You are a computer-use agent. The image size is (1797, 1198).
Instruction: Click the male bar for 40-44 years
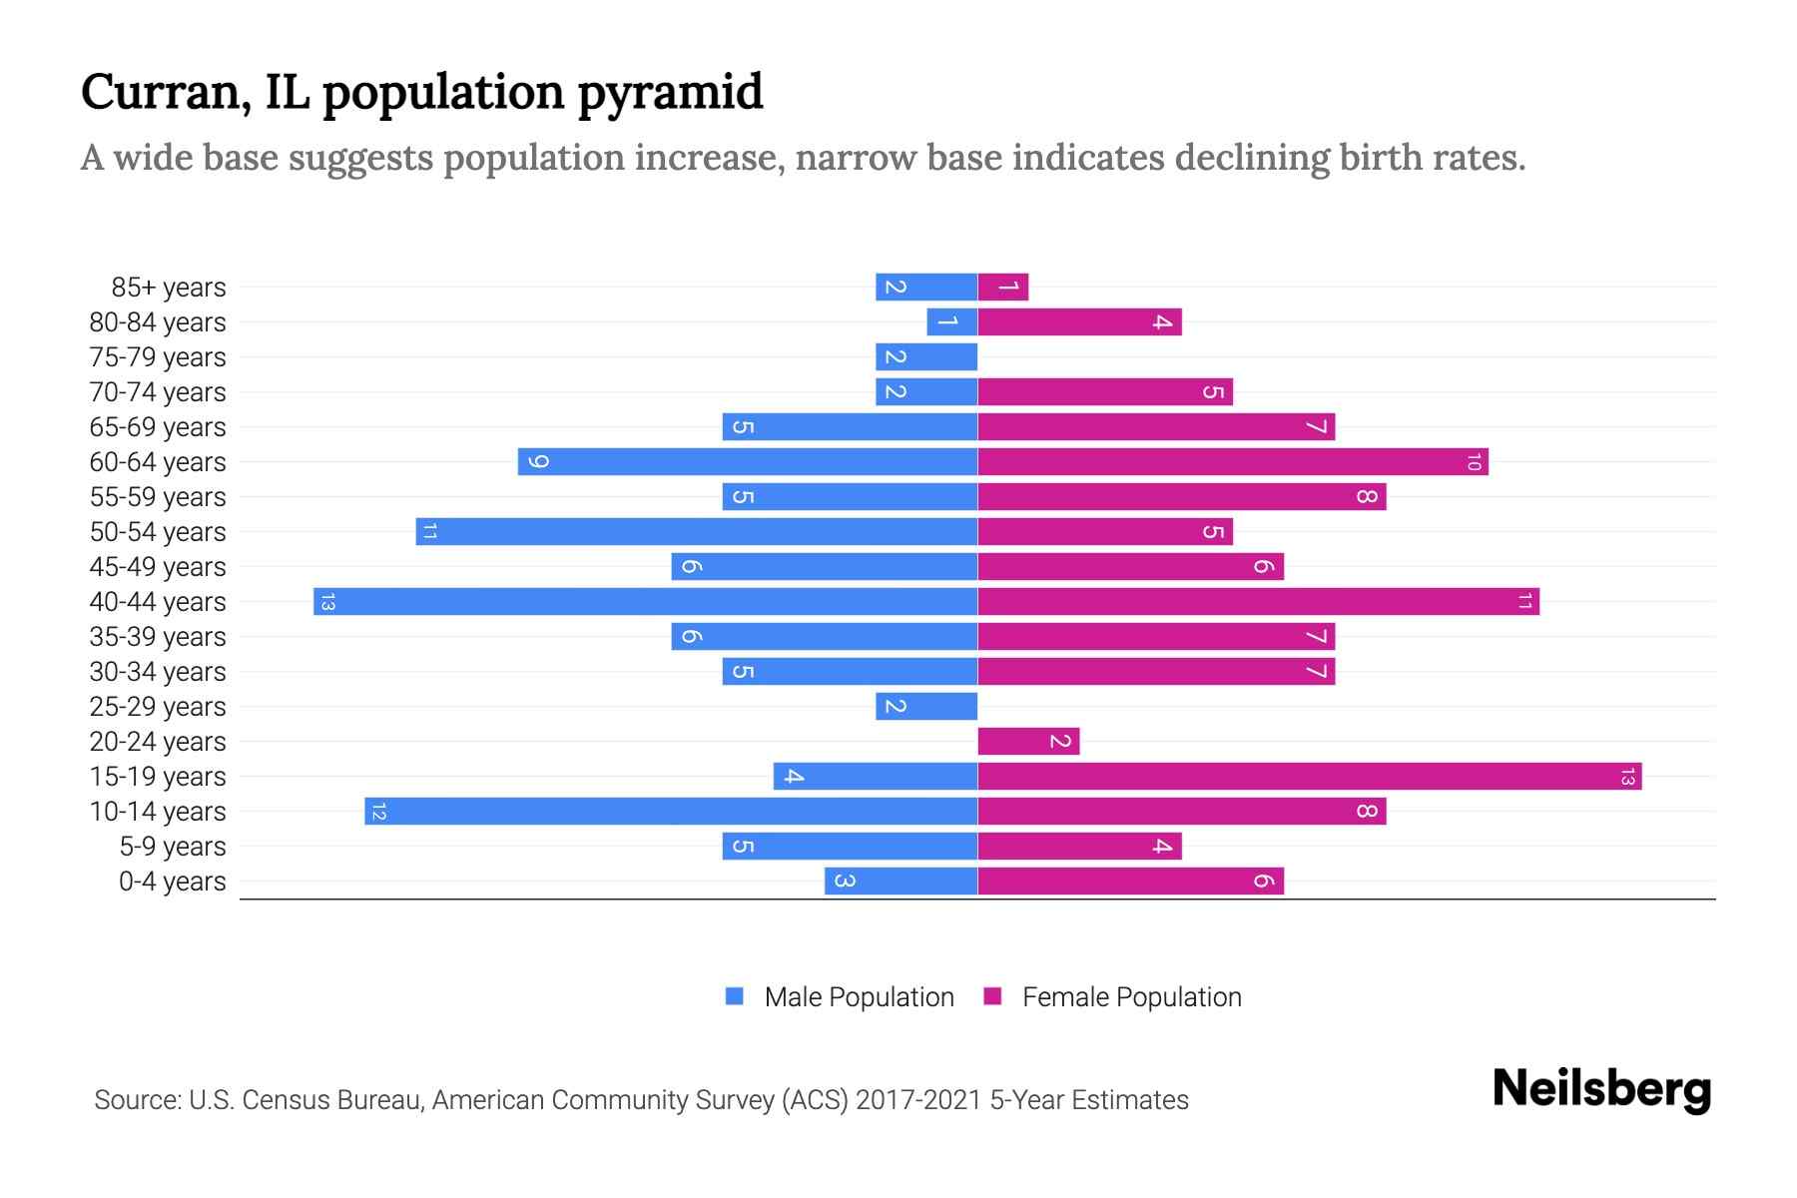point(645,602)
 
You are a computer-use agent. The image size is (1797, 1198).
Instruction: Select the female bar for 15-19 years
point(1309,777)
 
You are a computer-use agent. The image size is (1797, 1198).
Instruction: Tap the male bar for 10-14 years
point(671,812)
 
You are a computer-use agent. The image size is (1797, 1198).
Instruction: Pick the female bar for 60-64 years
point(1232,462)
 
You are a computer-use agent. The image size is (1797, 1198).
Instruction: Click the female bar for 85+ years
point(1002,288)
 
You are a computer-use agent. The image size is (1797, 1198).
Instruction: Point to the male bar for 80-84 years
point(951,322)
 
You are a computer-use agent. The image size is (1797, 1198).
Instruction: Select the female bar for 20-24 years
point(1028,742)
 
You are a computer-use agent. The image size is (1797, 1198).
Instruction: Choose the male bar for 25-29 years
point(926,707)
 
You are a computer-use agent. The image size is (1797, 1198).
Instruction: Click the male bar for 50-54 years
point(697,532)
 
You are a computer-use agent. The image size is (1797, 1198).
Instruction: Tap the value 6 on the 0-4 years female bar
point(1263,882)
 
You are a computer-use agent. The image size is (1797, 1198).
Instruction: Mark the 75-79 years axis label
point(158,357)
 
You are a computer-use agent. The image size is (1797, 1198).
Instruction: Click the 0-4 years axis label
point(172,882)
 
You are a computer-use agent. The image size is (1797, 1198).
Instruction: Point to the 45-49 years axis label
point(158,567)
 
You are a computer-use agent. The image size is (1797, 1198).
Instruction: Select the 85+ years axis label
point(169,288)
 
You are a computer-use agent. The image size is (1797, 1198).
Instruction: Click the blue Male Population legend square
point(735,996)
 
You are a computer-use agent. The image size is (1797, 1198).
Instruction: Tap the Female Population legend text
point(1131,997)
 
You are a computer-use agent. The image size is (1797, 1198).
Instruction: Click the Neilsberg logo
point(1601,1089)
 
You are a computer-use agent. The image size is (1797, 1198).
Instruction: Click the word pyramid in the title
point(670,93)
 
